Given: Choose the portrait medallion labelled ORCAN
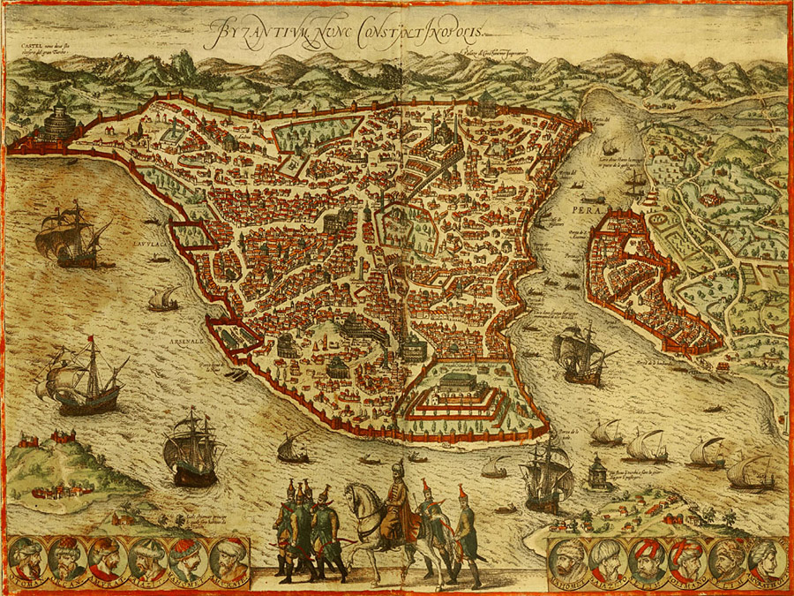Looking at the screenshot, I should click(x=68, y=558).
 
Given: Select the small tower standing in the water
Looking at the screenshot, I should click(x=599, y=472).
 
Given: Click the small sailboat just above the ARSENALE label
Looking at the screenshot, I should click(x=162, y=299).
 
